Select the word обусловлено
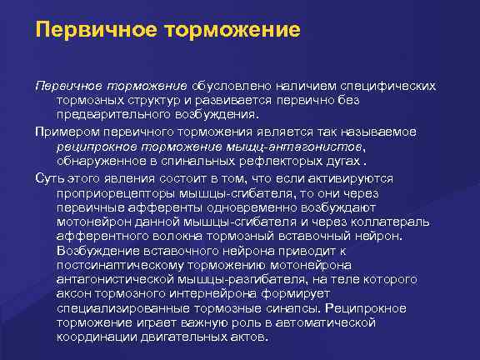pos(227,87)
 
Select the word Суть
pos(47,177)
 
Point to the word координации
pos(96,337)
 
